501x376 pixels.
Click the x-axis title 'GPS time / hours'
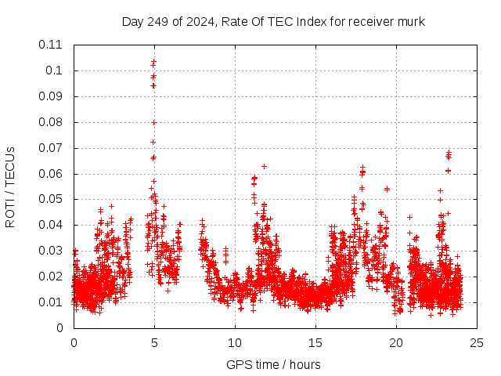click(x=273, y=364)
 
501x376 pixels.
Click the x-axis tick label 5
click(x=154, y=342)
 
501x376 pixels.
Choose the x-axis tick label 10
click(x=235, y=342)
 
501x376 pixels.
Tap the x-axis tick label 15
click(x=315, y=342)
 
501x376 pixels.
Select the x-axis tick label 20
click(x=396, y=342)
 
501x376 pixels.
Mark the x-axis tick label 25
click(x=477, y=342)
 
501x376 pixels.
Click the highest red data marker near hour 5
click(x=154, y=61)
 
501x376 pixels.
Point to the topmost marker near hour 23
click(x=449, y=153)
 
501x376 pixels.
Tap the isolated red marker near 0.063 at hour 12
click(x=264, y=166)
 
